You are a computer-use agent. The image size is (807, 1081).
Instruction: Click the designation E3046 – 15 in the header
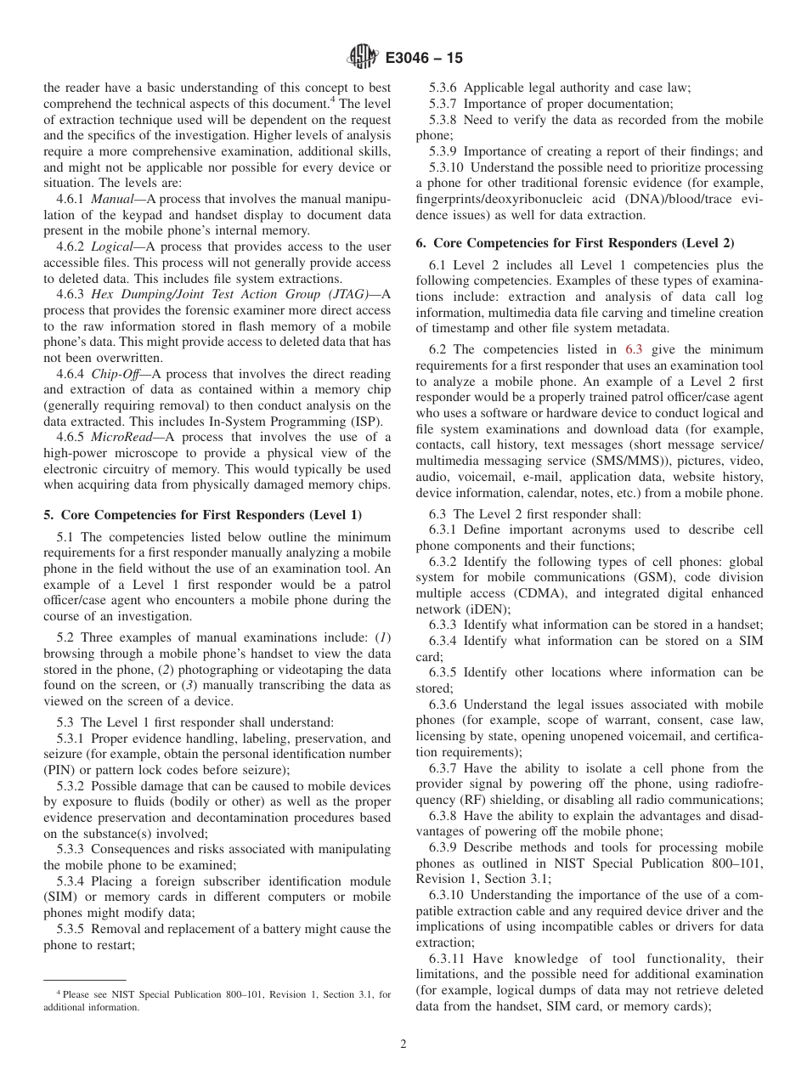[424, 58]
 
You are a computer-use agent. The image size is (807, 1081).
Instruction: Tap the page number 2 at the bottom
[403, 1044]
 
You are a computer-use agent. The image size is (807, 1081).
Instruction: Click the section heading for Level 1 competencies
[202, 515]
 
